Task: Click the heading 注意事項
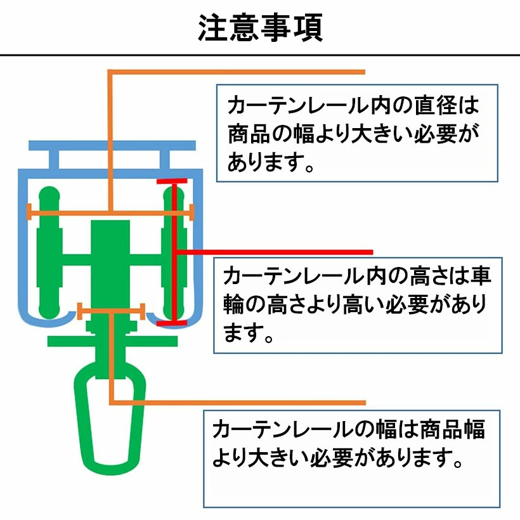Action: coord(260,27)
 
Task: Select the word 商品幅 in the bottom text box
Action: coord(453,429)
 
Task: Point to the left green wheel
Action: coord(49,252)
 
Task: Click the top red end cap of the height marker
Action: coord(172,181)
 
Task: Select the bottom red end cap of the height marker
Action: coord(172,323)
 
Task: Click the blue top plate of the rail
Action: coord(112,146)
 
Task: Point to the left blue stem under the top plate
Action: coord(54,160)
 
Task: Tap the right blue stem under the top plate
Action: coord(165,160)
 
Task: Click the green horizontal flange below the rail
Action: coord(112,341)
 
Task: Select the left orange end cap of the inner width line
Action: coord(29,212)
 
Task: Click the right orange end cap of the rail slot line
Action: coord(143,311)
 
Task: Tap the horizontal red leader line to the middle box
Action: coord(275,252)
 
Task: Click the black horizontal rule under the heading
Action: coord(260,55)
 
